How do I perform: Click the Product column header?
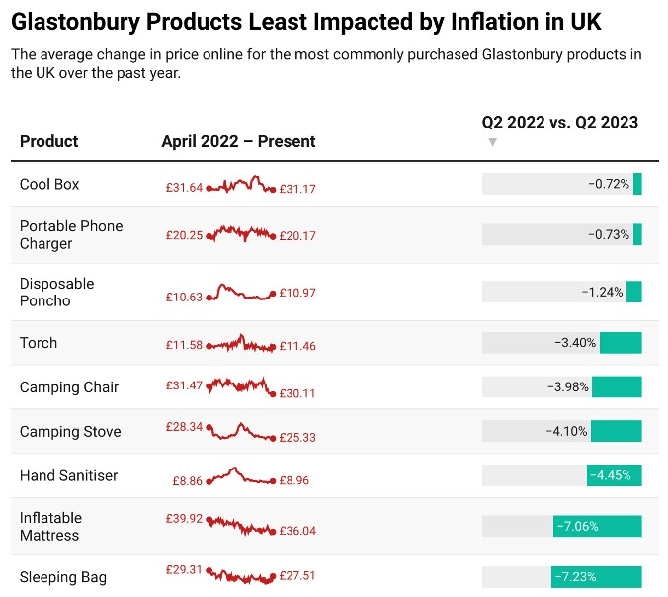(x=48, y=141)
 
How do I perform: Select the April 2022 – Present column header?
(x=238, y=141)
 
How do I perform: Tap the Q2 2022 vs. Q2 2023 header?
(x=559, y=123)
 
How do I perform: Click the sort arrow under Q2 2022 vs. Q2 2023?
(x=493, y=142)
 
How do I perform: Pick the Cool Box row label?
(x=49, y=185)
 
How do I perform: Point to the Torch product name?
(x=39, y=343)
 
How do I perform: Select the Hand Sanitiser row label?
(x=68, y=475)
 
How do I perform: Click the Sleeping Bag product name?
(x=62, y=577)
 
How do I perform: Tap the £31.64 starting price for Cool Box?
(x=184, y=187)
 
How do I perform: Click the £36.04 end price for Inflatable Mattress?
(x=297, y=531)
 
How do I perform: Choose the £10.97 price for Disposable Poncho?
(x=297, y=294)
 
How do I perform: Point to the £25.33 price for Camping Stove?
(x=297, y=437)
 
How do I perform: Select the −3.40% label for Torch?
(x=575, y=343)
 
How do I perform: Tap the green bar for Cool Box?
(x=637, y=184)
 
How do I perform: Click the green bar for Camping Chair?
(x=617, y=386)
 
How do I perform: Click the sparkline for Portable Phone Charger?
(x=240, y=233)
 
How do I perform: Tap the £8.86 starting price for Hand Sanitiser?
(x=187, y=481)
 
